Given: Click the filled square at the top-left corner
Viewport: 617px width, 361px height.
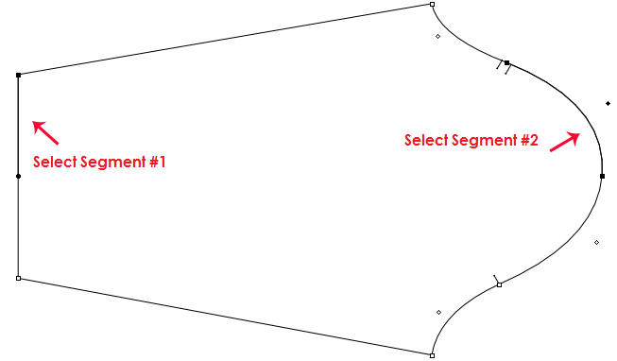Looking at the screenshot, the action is [x=18, y=75].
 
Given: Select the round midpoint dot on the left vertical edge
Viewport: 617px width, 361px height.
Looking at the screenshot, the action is [x=18, y=176].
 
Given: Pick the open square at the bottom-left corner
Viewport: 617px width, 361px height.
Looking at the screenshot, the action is [x=18, y=278].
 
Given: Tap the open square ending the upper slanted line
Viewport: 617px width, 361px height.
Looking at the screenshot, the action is [x=432, y=5].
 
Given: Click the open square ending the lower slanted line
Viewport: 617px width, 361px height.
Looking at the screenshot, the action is [x=432, y=355].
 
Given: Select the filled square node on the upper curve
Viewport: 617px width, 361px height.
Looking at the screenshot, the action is [x=507, y=63].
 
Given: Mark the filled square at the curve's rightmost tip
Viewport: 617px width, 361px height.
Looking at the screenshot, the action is [x=602, y=176].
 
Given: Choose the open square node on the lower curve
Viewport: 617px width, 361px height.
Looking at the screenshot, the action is [x=499, y=284].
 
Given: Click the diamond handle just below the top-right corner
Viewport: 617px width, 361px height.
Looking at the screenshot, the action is [x=437, y=37].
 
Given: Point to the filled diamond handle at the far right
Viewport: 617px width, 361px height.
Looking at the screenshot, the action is [x=608, y=103].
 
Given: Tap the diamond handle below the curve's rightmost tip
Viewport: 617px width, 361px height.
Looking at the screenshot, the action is [x=597, y=243].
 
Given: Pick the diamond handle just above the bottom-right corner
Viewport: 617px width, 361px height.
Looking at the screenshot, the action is [x=438, y=313].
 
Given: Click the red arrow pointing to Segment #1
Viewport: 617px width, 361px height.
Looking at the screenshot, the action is [x=45, y=132].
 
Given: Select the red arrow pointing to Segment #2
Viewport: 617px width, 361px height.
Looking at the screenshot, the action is [x=563, y=141].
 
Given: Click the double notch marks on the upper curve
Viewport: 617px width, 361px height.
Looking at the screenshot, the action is [x=504, y=68].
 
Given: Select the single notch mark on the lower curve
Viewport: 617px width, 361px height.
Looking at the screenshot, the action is [x=496, y=278].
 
